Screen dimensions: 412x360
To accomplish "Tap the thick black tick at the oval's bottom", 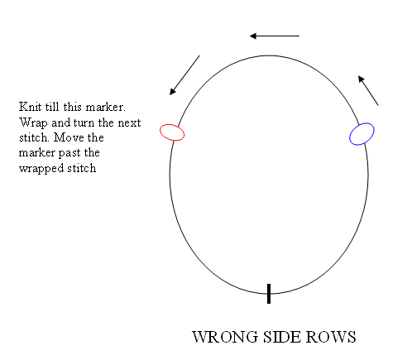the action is [269, 294].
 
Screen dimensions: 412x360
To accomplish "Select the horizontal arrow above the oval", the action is [275, 36].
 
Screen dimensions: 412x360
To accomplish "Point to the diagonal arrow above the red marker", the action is [184, 75].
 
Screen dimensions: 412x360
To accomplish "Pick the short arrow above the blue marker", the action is [368, 90].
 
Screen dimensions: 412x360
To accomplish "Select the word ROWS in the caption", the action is [331, 337].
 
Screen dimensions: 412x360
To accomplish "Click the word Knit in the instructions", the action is [30, 107].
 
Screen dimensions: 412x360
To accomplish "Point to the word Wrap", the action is [33, 122].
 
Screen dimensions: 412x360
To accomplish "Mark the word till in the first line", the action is [52, 107].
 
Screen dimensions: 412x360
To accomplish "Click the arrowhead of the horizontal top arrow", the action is [252, 36].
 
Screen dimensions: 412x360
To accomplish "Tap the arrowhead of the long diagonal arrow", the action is [172, 92].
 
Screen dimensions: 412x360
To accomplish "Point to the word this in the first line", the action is [73, 107].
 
